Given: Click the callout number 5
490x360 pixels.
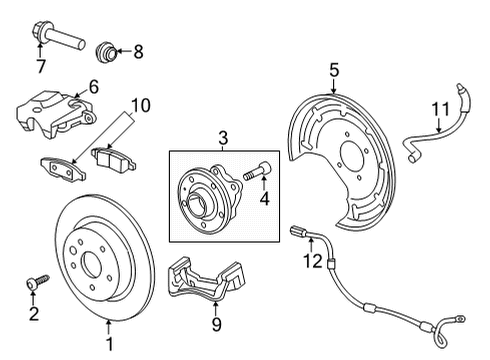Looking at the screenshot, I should [334, 69].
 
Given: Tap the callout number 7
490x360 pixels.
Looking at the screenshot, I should [40, 67].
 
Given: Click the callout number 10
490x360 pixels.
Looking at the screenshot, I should [139, 103].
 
